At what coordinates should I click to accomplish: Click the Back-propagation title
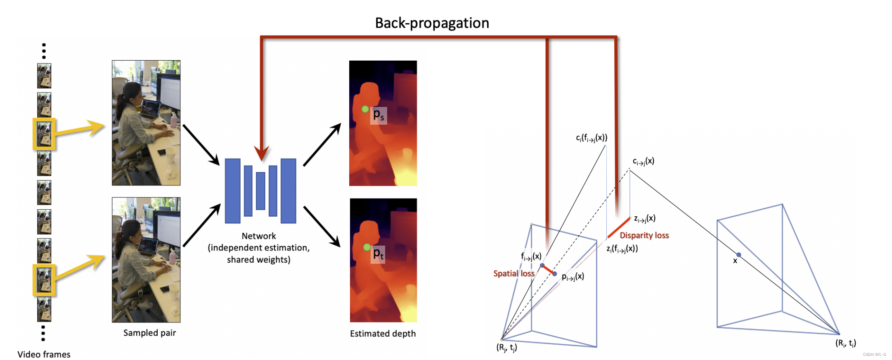point(432,23)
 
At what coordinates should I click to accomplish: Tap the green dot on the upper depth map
point(365,109)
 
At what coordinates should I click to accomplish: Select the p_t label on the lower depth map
point(379,253)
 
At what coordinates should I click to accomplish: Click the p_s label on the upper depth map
point(379,115)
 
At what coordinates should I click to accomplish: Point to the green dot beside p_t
point(367,247)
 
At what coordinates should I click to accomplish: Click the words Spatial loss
point(513,273)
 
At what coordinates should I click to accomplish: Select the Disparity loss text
point(644,235)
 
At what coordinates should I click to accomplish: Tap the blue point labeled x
point(738,255)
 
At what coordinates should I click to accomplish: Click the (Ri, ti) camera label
point(845,343)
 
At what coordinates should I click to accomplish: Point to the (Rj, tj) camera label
point(506,348)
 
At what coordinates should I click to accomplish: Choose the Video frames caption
point(44,354)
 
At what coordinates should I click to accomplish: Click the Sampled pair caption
point(149,333)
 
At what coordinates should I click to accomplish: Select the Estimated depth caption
point(383,334)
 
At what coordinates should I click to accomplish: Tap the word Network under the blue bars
point(258,236)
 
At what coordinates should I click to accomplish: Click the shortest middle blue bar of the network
point(260,191)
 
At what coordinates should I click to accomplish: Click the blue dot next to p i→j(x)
point(554,274)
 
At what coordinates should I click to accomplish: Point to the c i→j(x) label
point(643,161)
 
